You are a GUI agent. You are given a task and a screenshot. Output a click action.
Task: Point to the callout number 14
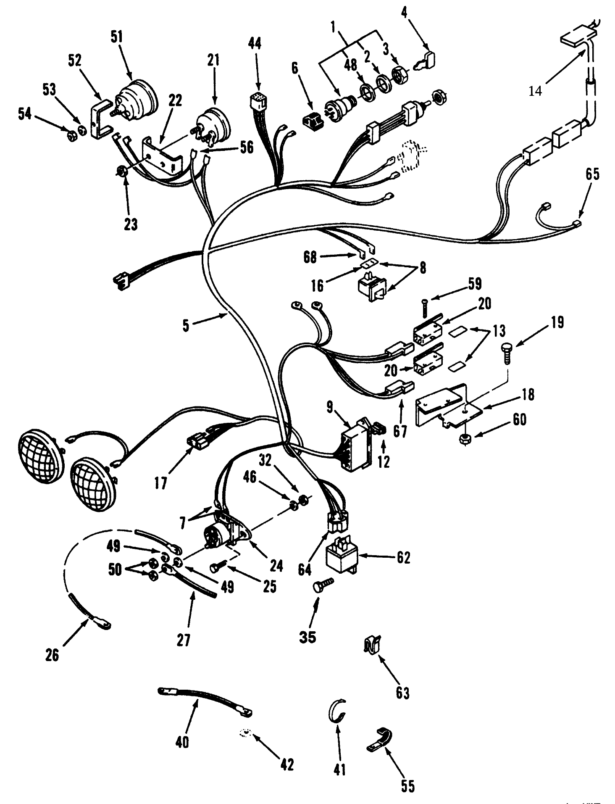[535, 91]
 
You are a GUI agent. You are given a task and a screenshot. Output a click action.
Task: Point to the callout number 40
[182, 743]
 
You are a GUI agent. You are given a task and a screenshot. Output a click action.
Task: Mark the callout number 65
[592, 174]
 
